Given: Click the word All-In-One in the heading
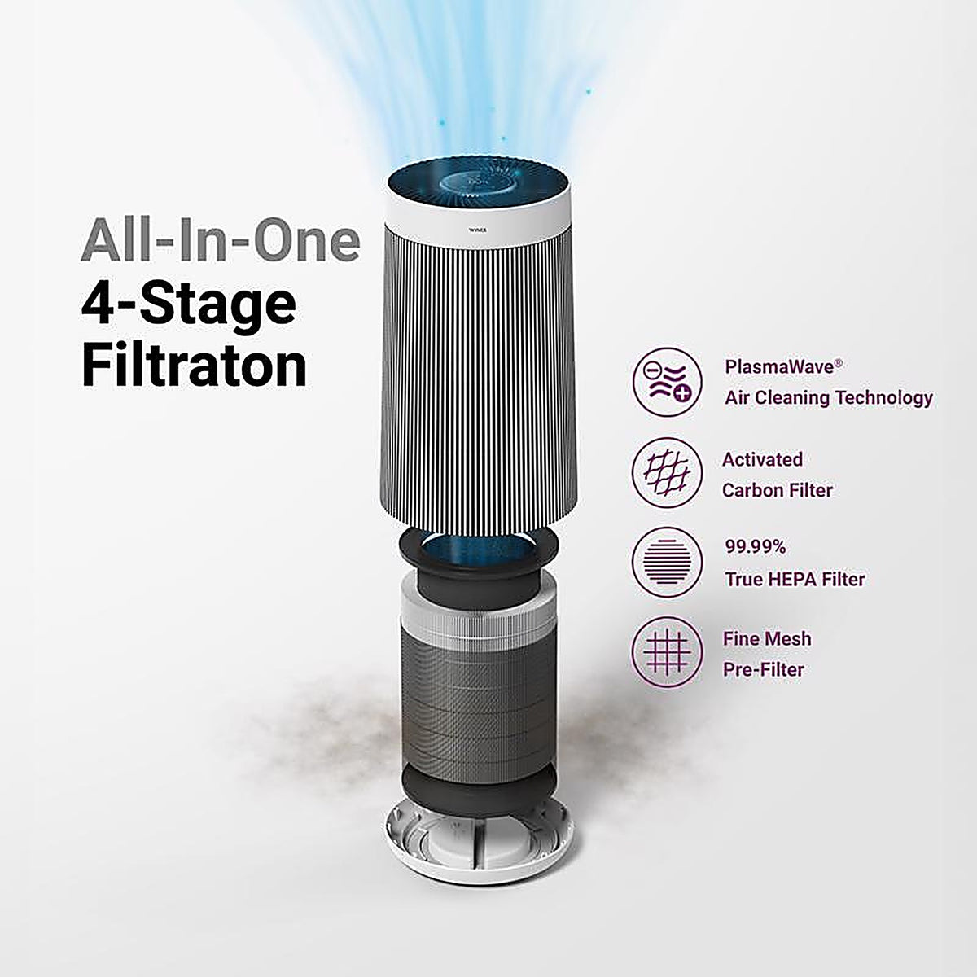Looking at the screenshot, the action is tap(221, 239).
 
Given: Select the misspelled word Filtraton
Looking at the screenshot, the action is tap(195, 366).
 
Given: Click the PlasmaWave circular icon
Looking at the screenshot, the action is tap(668, 383).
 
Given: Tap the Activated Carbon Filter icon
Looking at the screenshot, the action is tap(668, 472).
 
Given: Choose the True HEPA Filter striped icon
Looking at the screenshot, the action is tap(668, 563).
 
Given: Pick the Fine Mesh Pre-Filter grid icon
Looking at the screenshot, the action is tap(668, 652).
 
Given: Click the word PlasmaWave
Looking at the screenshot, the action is tap(779, 366).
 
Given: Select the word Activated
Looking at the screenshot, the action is tap(763, 459).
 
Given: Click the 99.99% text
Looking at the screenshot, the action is tap(756, 547).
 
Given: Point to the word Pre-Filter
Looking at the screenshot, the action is tap(764, 670).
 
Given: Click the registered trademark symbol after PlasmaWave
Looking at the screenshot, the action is tap(839, 363).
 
